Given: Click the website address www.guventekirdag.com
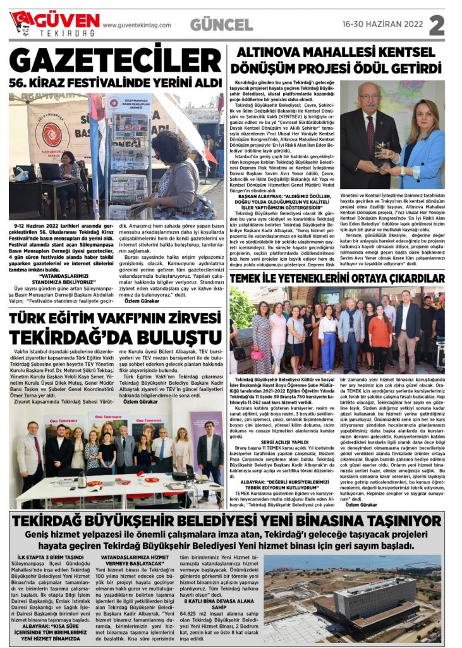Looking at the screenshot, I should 137,25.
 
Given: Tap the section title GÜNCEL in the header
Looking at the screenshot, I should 221,25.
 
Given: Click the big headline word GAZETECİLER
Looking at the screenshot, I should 116,60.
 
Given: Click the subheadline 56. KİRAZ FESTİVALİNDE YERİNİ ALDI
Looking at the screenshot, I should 115,83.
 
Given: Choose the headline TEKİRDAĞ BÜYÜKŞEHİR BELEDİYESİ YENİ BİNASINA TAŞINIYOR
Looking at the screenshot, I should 231,521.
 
